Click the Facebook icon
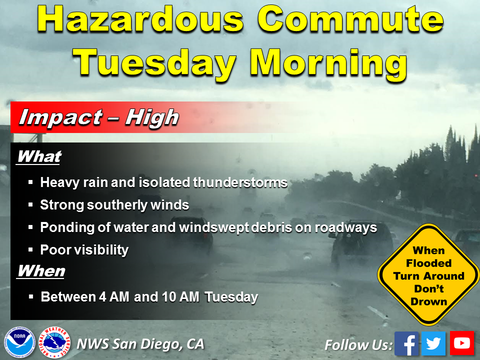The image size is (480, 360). (406, 343)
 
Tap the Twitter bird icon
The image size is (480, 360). (433, 343)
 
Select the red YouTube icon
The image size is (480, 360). (461, 343)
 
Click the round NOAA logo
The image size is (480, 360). (19, 342)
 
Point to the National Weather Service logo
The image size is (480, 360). (55, 342)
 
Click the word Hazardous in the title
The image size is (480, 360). (140, 19)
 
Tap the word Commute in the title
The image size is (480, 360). (351, 19)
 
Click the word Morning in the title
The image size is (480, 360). (328, 63)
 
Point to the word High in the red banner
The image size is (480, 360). (152, 117)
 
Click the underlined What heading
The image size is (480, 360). (39, 156)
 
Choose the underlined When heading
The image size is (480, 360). (41, 271)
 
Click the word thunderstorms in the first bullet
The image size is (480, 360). (240, 182)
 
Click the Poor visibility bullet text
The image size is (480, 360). (84, 250)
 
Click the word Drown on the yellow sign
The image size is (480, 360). (429, 301)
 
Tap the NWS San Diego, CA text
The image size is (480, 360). (140, 344)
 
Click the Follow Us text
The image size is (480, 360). (358, 345)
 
